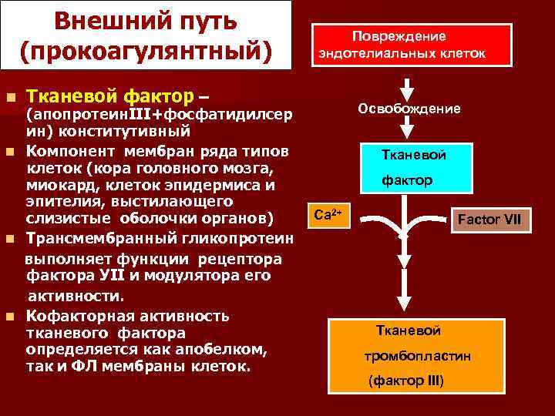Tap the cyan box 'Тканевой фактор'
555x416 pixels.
point(412,167)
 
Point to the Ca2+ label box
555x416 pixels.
point(330,215)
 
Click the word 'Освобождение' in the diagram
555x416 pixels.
point(409,109)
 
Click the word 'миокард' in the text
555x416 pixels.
point(57,185)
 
